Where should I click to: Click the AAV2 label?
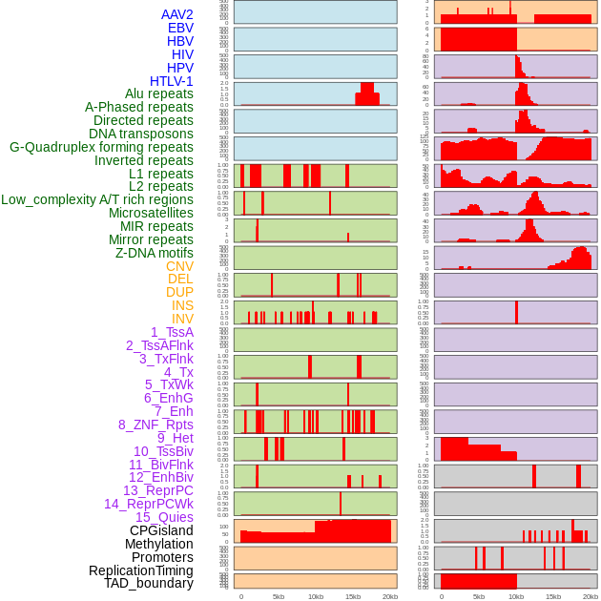pyautogui.click(x=177, y=14)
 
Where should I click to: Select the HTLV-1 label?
pyautogui.click(x=172, y=81)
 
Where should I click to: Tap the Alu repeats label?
pyautogui.click(x=159, y=94)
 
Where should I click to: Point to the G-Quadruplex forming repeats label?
pyautogui.click(x=101, y=147)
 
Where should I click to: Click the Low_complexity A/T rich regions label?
pyautogui.click(x=97, y=199)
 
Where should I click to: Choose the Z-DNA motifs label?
pyautogui.click(x=155, y=253)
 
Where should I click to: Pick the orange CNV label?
pyautogui.click(x=179, y=266)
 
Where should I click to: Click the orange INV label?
pyautogui.click(x=182, y=319)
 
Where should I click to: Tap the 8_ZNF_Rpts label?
pyautogui.click(x=155, y=425)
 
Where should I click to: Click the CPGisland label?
pyautogui.click(x=161, y=530)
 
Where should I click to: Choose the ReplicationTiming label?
pyautogui.click(x=141, y=570)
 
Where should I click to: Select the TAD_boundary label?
pyautogui.click(x=149, y=583)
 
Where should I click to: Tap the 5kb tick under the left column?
pyautogui.click(x=279, y=596)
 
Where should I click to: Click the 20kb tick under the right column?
pyautogui.click(x=591, y=596)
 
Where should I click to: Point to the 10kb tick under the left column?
pyautogui.click(x=316, y=596)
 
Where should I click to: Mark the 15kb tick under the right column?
pyautogui.click(x=553, y=596)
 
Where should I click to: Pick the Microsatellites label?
pyautogui.click(x=151, y=213)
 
